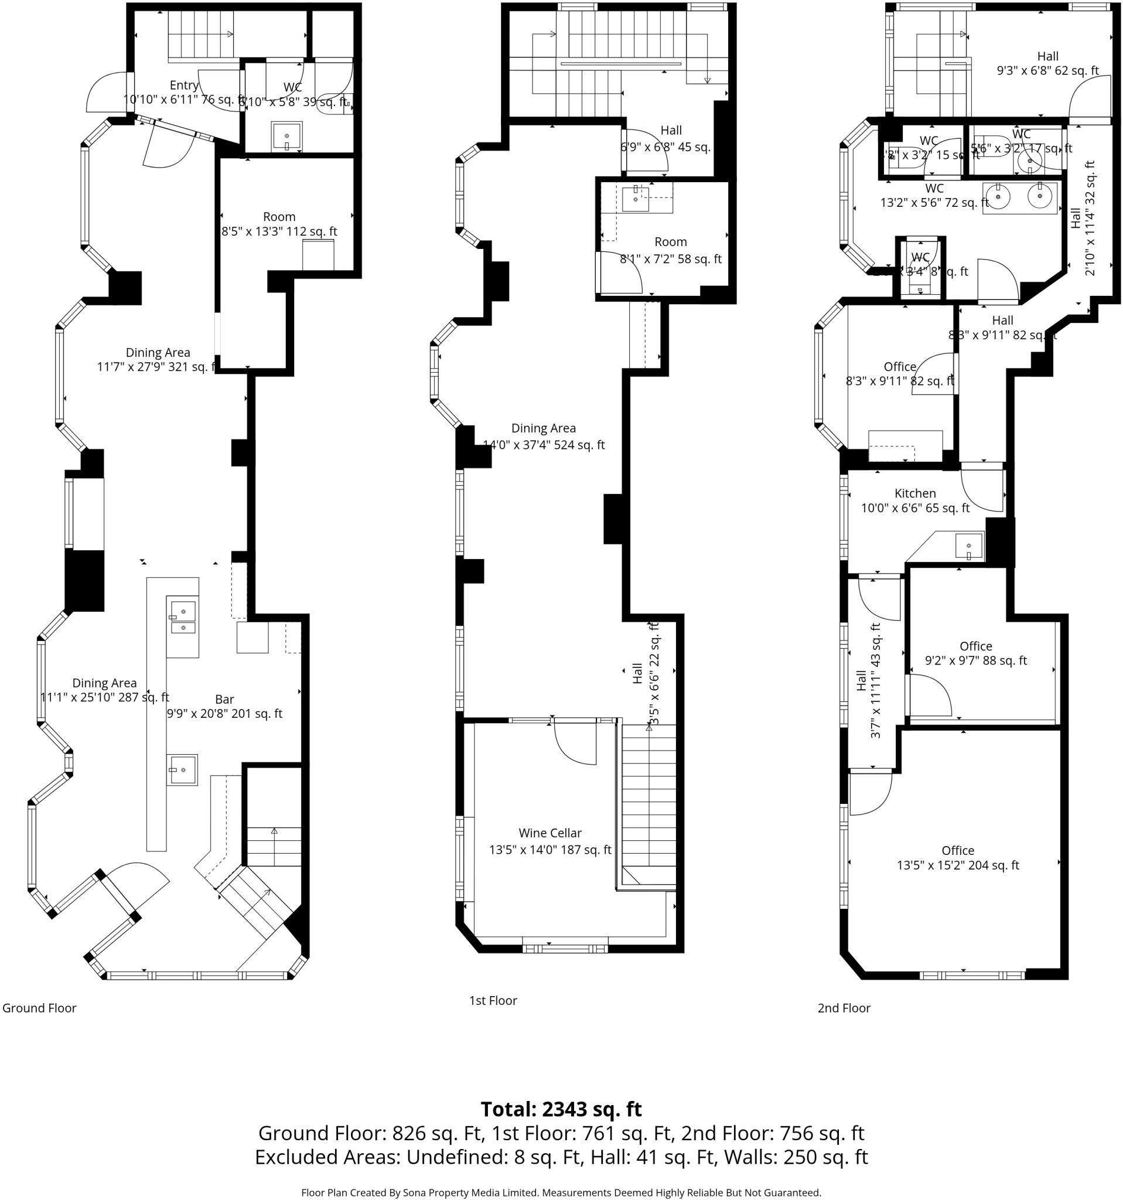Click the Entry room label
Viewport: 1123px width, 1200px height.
(184, 85)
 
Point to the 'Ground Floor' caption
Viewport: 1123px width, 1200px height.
(39, 1007)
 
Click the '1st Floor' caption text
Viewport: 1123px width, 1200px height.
(493, 1000)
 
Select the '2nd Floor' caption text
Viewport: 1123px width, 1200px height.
(844, 1007)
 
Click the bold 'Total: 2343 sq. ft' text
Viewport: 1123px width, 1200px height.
(561, 1109)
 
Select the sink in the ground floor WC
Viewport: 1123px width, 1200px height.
(286, 137)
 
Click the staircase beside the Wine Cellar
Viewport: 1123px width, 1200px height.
(648, 803)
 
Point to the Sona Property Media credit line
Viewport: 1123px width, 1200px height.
(561, 1192)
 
